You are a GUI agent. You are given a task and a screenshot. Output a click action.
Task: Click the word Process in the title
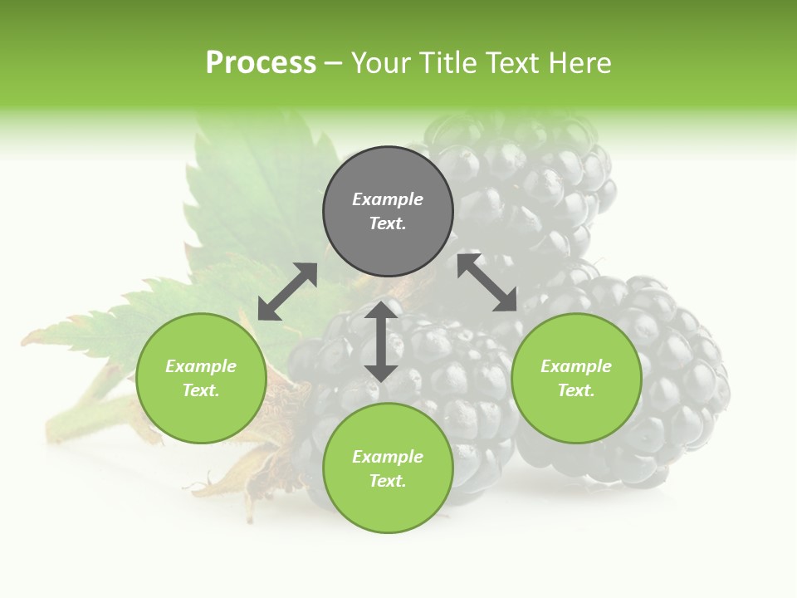point(261,63)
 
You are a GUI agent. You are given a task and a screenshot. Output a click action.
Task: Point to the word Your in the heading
point(384,63)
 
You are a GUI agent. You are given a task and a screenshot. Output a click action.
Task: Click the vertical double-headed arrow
point(380,341)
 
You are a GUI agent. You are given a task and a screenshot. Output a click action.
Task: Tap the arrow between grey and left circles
point(287,292)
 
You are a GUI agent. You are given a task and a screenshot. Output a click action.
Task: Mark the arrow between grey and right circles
point(487,283)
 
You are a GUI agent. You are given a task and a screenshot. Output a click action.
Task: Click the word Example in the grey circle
point(388,199)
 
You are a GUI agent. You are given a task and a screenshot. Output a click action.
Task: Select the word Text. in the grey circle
point(388,223)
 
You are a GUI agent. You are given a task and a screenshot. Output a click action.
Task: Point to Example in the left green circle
point(201,366)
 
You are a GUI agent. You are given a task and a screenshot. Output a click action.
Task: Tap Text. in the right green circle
point(576,390)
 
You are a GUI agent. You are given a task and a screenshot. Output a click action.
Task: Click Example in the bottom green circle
point(388,457)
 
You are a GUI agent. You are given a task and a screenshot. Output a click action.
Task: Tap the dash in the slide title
point(333,64)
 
